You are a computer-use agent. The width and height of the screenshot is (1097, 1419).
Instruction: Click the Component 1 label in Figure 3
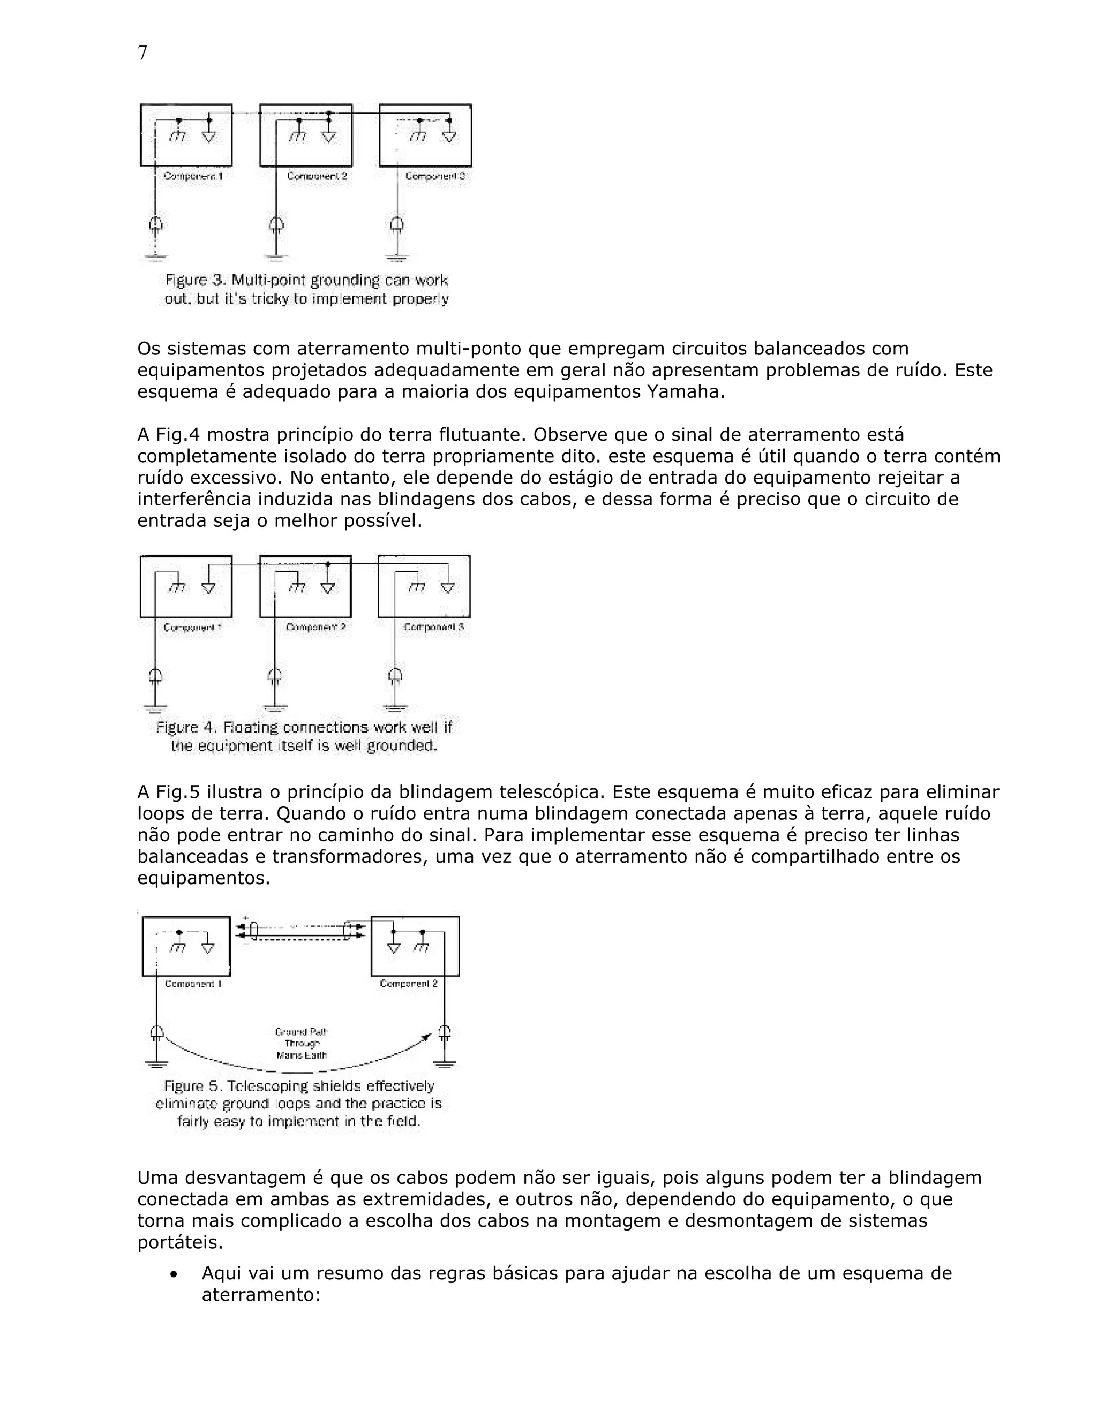point(193,176)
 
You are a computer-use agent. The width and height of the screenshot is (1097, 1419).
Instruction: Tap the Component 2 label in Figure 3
point(317,176)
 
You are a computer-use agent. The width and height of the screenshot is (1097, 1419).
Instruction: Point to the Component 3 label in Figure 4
point(433,628)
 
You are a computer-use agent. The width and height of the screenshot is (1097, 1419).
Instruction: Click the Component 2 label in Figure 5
point(408,984)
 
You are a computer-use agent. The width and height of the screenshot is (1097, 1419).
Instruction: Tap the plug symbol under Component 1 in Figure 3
point(155,226)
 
